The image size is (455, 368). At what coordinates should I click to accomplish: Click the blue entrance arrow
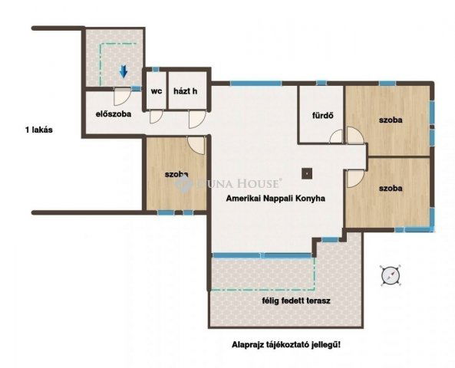point(124,71)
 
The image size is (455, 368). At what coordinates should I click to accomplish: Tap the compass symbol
point(391,275)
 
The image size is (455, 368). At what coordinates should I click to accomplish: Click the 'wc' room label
point(157,91)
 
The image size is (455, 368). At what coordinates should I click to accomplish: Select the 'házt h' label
point(186,91)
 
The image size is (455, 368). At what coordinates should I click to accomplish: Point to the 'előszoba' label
point(113,114)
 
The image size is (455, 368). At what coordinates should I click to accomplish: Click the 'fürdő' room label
point(322,116)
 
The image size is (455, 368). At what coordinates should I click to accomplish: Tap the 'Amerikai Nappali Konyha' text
point(275,199)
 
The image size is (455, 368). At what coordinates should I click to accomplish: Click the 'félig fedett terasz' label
point(296,301)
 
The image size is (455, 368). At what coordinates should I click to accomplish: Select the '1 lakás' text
point(39,130)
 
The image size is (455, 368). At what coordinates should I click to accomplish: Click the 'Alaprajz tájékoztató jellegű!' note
point(286,345)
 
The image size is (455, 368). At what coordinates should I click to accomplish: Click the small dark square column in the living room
point(307,174)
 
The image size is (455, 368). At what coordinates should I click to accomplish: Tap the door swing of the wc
point(156,117)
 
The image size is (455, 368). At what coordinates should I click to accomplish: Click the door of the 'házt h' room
point(197,119)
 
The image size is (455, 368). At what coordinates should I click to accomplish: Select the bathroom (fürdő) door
point(337,136)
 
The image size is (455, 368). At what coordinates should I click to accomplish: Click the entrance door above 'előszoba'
point(122,97)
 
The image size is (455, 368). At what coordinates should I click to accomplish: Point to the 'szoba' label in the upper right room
point(391,120)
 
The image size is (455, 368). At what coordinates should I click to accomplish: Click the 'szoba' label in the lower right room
point(391,188)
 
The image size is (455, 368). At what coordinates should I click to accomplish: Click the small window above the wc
point(156,70)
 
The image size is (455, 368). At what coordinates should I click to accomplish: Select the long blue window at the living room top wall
point(256,84)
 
